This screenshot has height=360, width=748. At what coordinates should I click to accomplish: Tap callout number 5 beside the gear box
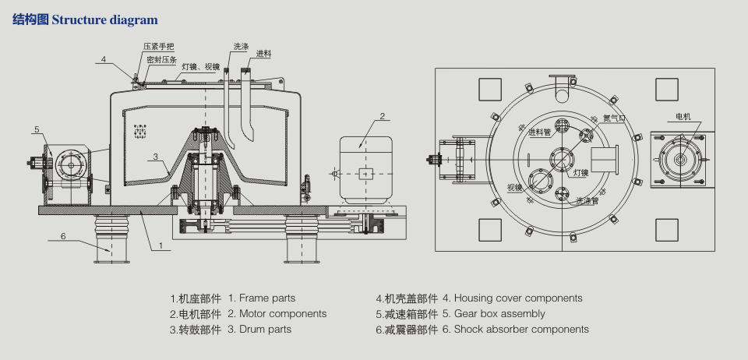37,129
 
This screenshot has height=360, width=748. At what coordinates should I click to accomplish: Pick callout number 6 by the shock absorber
63,235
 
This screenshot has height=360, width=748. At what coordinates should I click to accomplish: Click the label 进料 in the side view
263,54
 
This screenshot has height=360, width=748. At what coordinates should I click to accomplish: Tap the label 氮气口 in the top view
614,119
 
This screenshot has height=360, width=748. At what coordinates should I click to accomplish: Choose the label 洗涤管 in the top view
587,200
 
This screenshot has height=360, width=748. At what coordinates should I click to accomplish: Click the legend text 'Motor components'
277,313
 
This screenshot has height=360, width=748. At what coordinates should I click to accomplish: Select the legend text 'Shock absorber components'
516,329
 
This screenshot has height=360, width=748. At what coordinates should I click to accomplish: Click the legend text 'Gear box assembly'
494,313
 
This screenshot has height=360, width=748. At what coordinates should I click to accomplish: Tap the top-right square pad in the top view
666,90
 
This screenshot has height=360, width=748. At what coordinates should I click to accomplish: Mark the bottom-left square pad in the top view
490,229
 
